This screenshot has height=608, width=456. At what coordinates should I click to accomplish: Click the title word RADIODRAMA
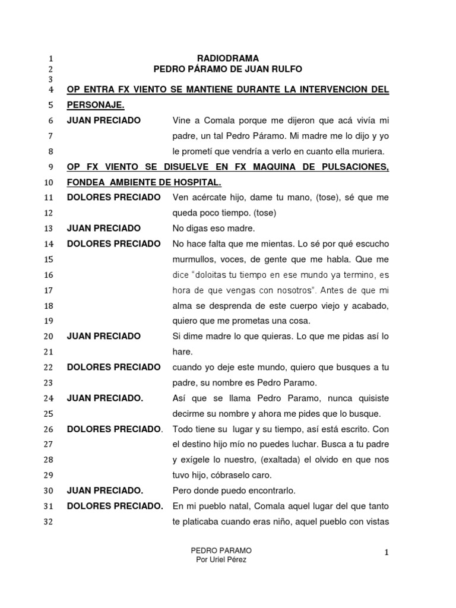pos(228,58)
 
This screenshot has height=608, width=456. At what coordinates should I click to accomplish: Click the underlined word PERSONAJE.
pos(96,104)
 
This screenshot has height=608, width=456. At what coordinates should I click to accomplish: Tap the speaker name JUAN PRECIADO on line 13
pos(104,228)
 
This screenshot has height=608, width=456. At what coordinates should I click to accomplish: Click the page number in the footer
pos(386,553)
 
